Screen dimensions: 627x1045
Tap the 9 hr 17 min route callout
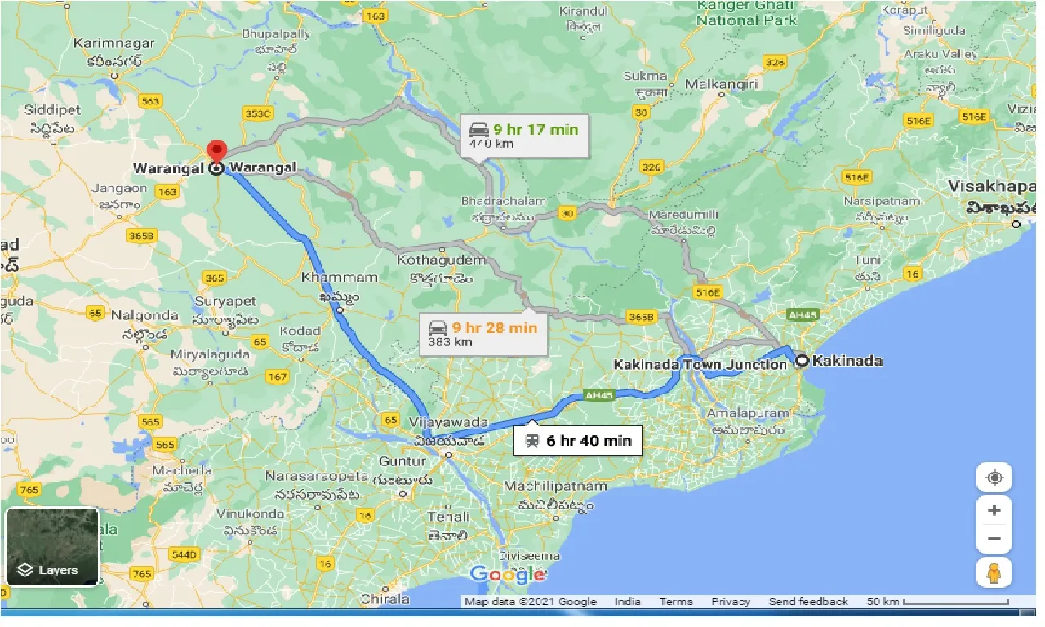coord(524,136)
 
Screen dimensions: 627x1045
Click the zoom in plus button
coord(994,511)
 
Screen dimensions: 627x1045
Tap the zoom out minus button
coord(994,539)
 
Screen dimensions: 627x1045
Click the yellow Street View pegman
coord(994,573)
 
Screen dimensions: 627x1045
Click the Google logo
coord(507,575)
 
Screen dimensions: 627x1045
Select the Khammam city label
coord(340,278)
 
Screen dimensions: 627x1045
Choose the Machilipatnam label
coord(555,487)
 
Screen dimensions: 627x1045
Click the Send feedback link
coord(808,602)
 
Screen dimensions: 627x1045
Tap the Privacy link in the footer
coord(730,602)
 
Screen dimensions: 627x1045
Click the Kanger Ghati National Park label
coord(747,14)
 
